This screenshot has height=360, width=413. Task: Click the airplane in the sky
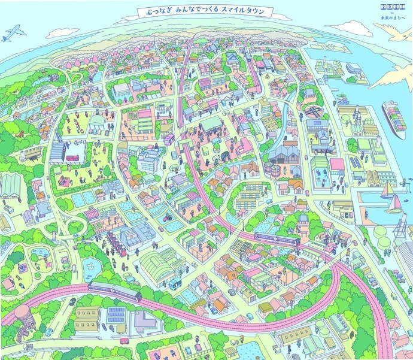[x=10, y=35]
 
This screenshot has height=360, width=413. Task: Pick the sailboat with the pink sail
[x=395, y=205]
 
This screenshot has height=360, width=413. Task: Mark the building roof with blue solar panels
[x=116, y=314]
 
